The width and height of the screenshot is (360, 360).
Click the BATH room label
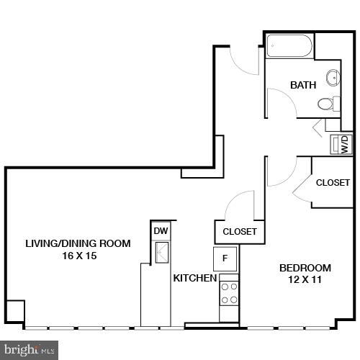click(x=303, y=85)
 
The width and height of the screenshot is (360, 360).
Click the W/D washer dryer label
click(x=344, y=143)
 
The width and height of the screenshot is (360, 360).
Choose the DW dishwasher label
click(x=160, y=231)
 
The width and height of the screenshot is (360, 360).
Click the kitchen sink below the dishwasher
click(x=161, y=252)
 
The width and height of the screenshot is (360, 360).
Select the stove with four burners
click(x=229, y=295)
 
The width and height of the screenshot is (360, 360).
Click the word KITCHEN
click(x=194, y=278)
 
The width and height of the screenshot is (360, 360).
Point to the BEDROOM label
click(x=305, y=268)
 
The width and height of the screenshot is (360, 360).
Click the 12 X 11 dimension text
click(x=305, y=280)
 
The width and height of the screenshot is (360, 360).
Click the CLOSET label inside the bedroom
click(x=333, y=183)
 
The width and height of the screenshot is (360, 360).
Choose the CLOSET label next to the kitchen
click(x=240, y=232)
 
